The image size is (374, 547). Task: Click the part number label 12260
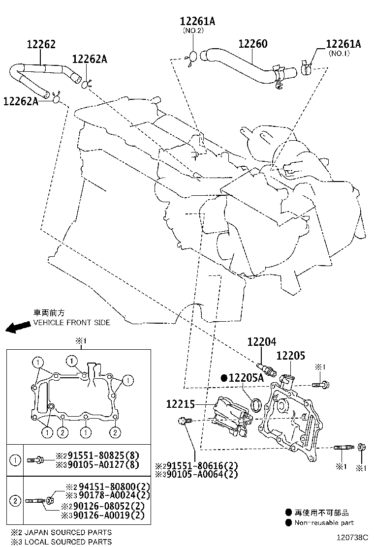coord(252,44)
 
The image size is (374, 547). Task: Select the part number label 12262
coord(41,44)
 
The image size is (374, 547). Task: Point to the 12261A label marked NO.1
coord(343,44)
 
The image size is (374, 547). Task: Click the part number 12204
coord(261,342)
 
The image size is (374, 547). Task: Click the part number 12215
coord(181,404)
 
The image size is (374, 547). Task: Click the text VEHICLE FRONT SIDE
coord(71,323)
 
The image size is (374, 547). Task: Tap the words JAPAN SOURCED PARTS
coord(61,532)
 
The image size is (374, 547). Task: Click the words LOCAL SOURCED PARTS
coord(61,542)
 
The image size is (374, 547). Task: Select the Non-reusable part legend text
coord(324,523)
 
